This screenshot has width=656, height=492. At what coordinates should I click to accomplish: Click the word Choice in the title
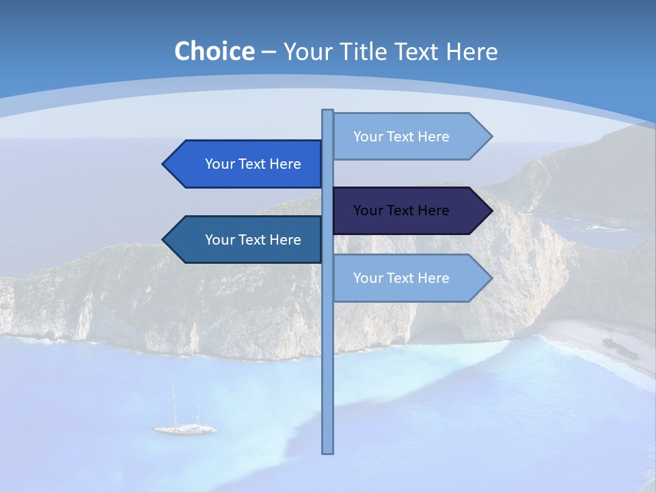pyautogui.click(x=214, y=51)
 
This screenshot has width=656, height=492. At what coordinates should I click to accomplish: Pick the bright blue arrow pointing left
pyautogui.click(x=246, y=164)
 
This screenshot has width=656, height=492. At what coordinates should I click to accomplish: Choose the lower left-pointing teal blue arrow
pyautogui.click(x=246, y=240)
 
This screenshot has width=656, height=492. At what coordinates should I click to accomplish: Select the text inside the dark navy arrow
pyautogui.click(x=401, y=210)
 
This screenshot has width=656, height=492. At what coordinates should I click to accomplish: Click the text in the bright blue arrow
pyautogui.click(x=253, y=164)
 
